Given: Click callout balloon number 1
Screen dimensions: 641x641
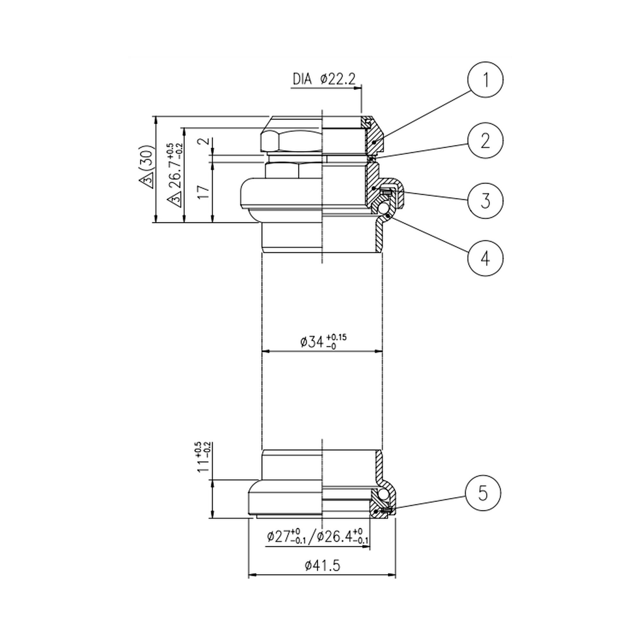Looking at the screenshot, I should (x=485, y=80).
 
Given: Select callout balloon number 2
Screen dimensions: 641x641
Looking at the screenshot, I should (x=485, y=141).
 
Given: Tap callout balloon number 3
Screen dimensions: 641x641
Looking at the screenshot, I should (x=485, y=200).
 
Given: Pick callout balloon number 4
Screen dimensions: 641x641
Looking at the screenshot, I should (x=485, y=258).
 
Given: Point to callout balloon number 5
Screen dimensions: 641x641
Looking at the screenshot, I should (x=483, y=493).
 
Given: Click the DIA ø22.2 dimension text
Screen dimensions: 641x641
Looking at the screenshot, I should (x=324, y=79).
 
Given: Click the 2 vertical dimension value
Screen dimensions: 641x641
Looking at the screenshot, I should (x=204, y=141).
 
